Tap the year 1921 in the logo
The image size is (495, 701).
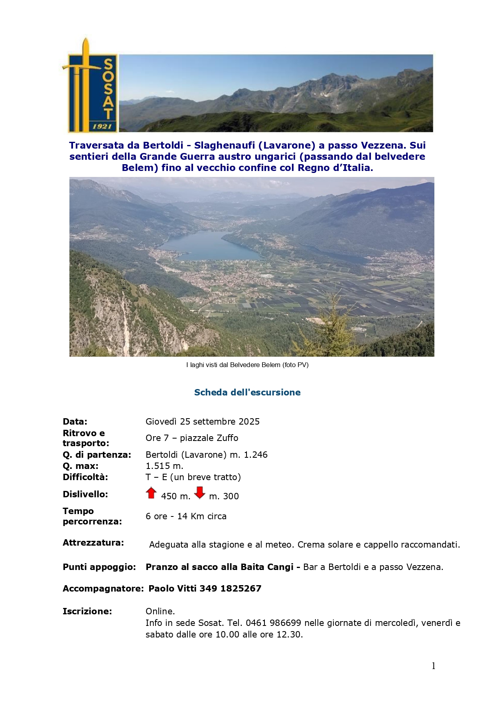[102, 126]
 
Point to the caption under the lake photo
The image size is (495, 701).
[247, 365]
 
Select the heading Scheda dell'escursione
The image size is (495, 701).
[247, 392]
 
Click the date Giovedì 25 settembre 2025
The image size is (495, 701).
[202, 421]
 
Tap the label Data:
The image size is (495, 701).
[75, 421]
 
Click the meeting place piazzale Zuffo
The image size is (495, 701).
[209, 438]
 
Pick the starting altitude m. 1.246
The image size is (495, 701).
[248, 455]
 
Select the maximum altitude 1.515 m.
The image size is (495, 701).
[164, 466]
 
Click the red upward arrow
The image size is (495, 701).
[151, 493]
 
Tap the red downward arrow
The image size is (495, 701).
[199, 493]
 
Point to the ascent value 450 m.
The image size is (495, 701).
[176, 496]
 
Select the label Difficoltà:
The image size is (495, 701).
[85, 477]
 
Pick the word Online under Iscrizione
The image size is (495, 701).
[160, 611]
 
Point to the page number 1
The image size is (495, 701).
[434, 666]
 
